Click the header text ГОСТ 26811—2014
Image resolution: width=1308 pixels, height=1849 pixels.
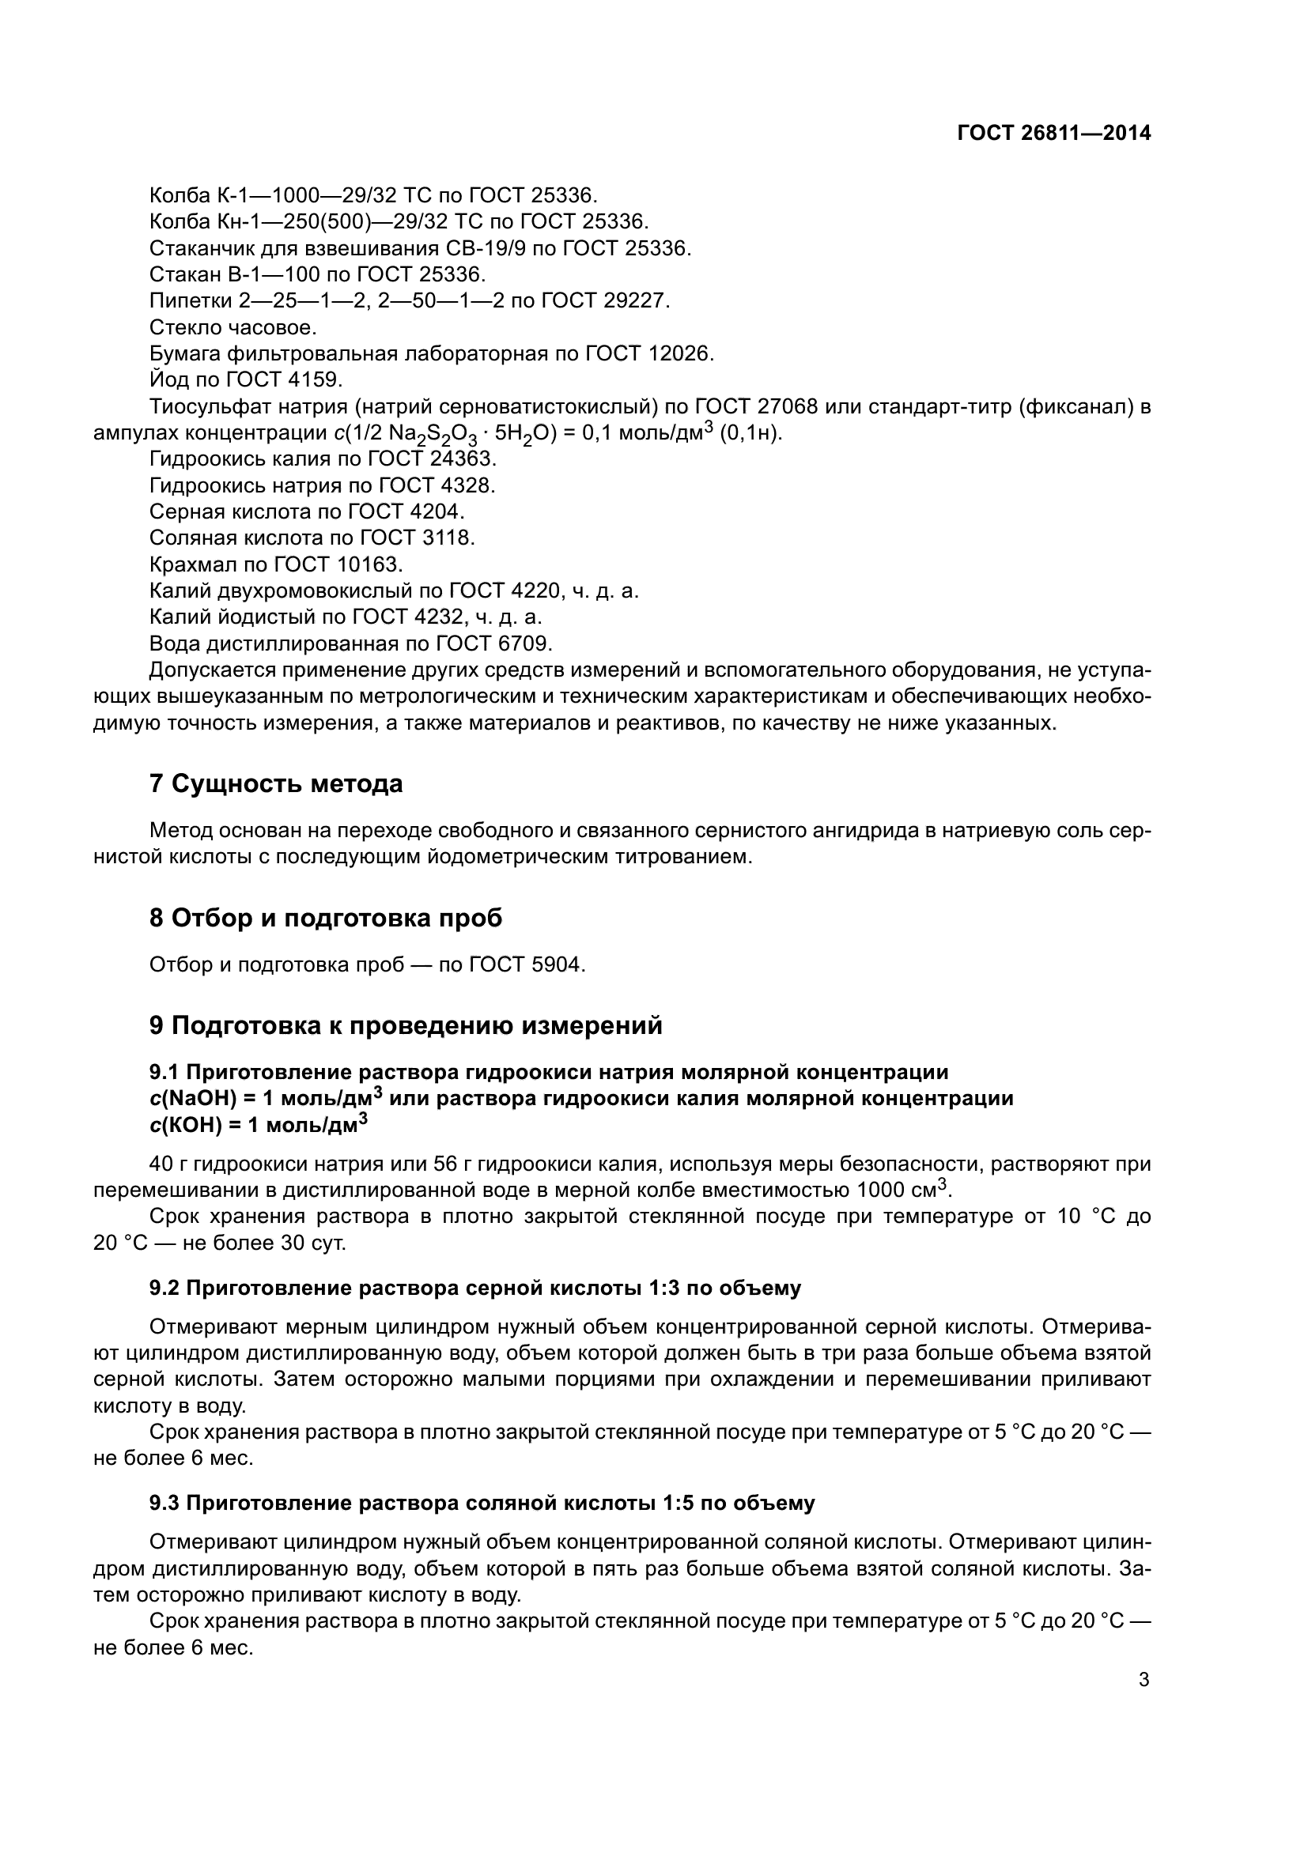click(x=1053, y=134)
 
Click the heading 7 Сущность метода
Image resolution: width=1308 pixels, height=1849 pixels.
click(x=275, y=783)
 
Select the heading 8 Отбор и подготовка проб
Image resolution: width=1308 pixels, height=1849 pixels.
click(x=325, y=918)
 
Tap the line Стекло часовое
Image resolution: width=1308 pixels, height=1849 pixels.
click(x=232, y=328)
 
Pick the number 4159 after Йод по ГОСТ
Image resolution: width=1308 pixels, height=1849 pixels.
click(x=317, y=380)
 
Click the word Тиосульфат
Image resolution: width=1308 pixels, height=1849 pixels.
click(x=205, y=406)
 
